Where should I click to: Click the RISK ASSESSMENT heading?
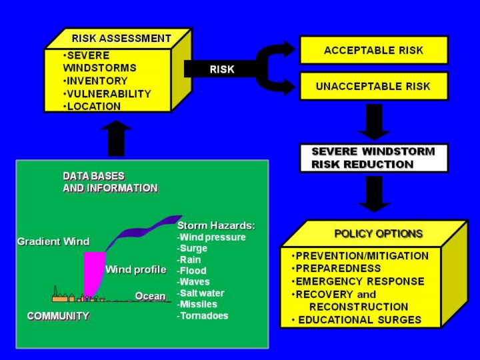point(121,38)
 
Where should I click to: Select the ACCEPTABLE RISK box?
point(373,50)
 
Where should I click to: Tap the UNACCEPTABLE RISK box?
point(373,86)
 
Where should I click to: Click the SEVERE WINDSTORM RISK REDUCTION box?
point(373,158)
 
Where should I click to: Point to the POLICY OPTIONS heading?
point(378,233)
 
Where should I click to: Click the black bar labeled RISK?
point(222,69)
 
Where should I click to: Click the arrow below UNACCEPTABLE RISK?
point(374,121)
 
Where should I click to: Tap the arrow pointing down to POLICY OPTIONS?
point(374,193)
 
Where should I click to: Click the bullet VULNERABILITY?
point(107,94)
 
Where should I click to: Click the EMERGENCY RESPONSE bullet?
point(358,281)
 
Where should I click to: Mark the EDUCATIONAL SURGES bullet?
point(357,320)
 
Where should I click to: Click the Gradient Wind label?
point(53,241)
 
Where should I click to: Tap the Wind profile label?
point(135,269)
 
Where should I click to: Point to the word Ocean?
point(150,296)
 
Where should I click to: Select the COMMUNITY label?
point(58,316)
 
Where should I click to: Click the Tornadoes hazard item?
point(203,315)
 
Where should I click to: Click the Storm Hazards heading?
point(216,225)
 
